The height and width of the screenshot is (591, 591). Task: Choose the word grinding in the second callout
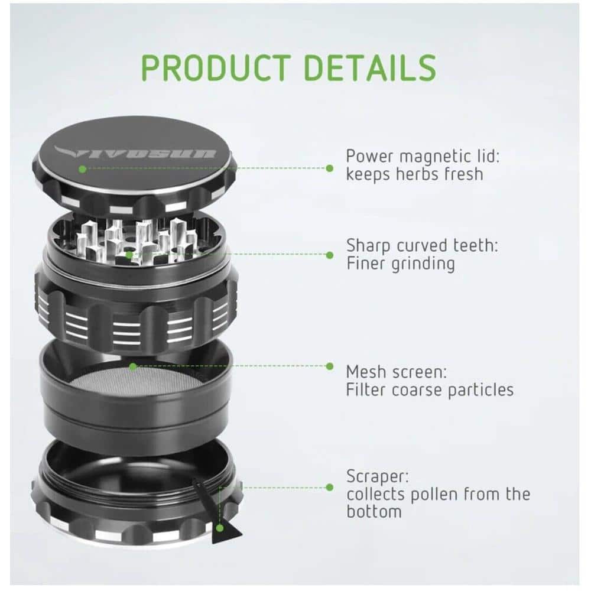click(x=423, y=264)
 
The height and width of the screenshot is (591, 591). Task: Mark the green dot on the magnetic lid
click(x=82, y=168)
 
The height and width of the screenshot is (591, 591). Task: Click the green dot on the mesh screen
click(x=133, y=366)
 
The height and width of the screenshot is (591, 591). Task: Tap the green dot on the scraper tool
click(x=220, y=528)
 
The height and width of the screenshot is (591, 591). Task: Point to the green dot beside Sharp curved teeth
click(x=329, y=255)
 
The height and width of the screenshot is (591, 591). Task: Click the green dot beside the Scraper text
click(x=329, y=488)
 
